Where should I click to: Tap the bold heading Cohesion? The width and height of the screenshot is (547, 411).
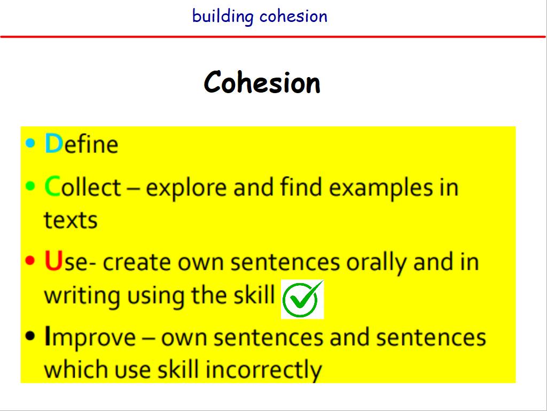(x=262, y=82)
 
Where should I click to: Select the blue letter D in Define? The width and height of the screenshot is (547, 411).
(x=54, y=143)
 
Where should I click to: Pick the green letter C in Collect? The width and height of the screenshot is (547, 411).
(x=53, y=186)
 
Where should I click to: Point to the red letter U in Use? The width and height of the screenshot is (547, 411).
(x=53, y=261)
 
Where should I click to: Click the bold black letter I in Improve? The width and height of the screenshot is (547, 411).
(x=48, y=336)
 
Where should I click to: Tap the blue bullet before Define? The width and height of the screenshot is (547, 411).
(x=30, y=143)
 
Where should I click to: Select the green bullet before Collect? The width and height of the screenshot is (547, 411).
(x=30, y=186)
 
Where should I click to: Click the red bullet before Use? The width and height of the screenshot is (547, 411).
(x=30, y=261)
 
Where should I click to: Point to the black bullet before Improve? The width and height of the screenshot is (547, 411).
(x=30, y=336)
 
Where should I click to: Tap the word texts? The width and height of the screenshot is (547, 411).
(x=71, y=220)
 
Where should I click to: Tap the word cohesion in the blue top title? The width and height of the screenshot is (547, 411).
(x=293, y=17)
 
